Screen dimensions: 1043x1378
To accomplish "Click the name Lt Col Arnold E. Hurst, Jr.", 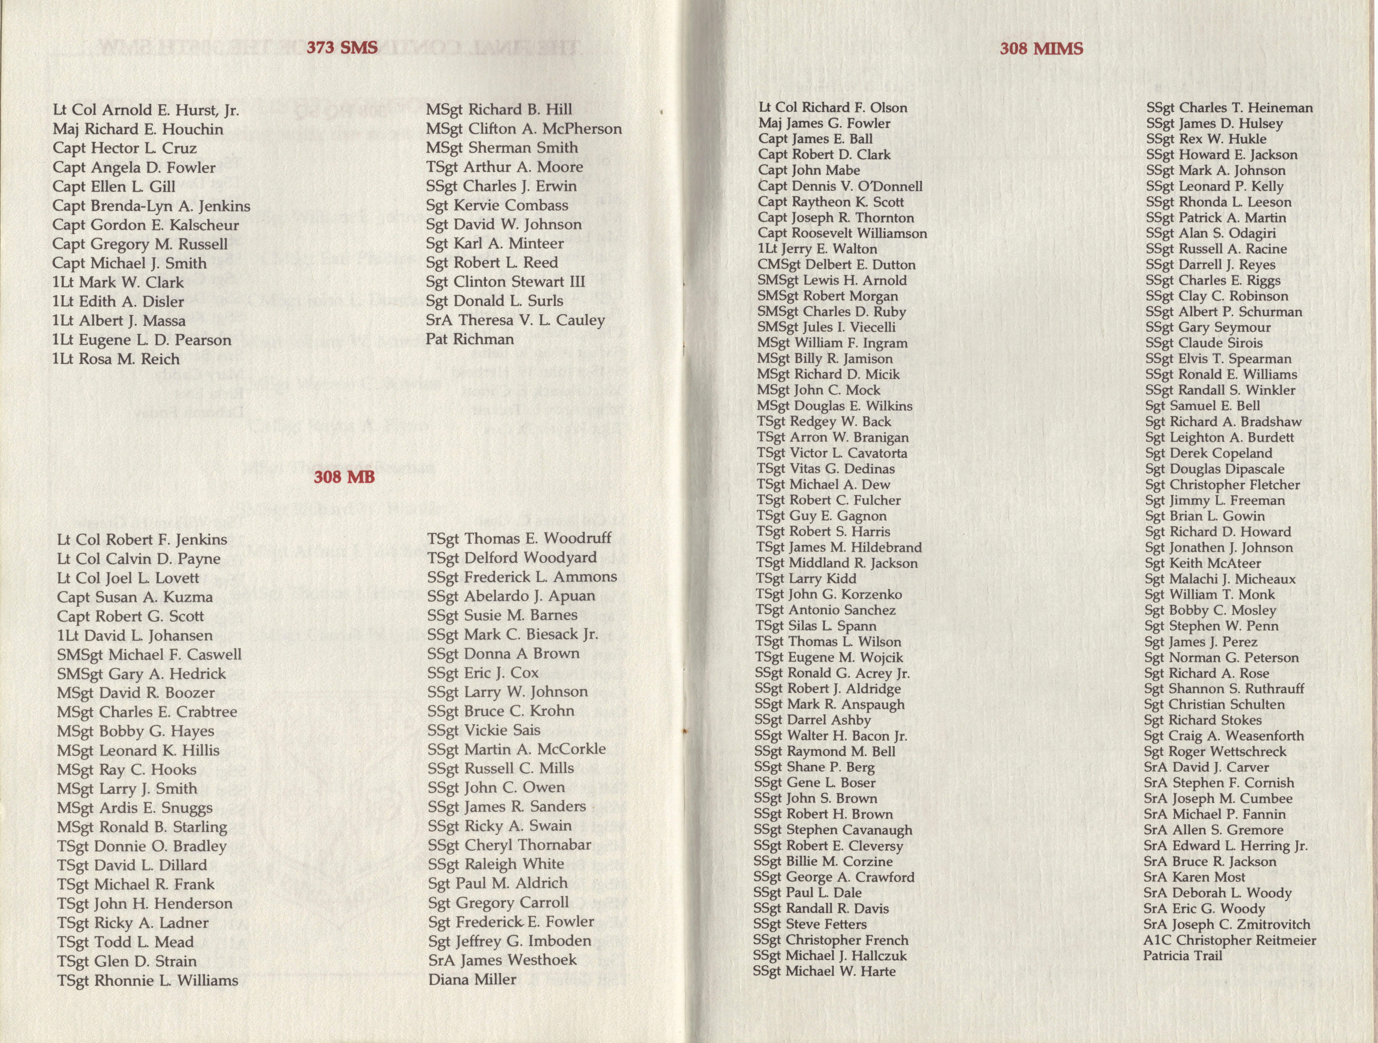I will pyautogui.click(x=146, y=110).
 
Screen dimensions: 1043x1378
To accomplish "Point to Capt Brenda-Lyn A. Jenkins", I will pyautogui.click(x=151, y=206).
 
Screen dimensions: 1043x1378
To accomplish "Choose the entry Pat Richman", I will pyautogui.click(x=470, y=339).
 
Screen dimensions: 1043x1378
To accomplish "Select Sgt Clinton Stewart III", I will pyautogui.click(x=505, y=281).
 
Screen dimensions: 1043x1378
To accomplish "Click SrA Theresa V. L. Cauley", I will pyautogui.click(x=515, y=320).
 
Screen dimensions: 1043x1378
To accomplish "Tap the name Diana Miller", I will pyautogui.click(x=472, y=980).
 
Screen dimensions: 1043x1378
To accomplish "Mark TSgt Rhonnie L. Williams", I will pyautogui.click(x=148, y=981).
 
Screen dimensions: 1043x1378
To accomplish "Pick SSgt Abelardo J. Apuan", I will pyautogui.click(x=511, y=596).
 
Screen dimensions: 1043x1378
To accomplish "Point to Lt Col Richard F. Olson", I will pyautogui.click(x=833, y=108).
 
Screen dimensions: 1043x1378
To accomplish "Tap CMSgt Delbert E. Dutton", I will pyautogui.click(x=837, y=265).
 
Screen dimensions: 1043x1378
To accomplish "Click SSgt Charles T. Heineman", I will pyautogui.click(x=1229, y=108).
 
